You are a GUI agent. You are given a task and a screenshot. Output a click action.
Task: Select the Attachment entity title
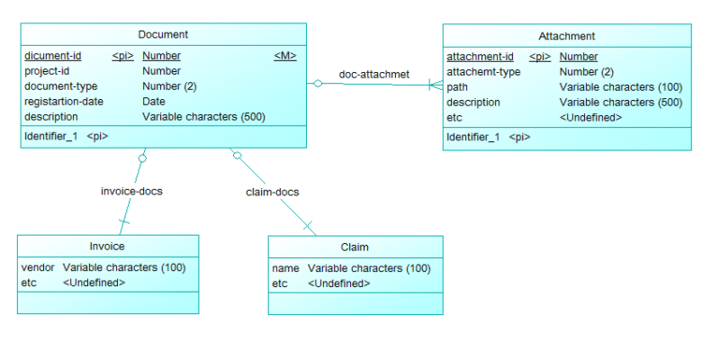[x=566, y=36]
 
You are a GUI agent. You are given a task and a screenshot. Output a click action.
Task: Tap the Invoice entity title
[x=107, y=247]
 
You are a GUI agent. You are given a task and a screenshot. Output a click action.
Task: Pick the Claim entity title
[x=355, y=247]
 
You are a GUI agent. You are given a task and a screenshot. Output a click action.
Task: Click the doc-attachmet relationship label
[x=374, y=74]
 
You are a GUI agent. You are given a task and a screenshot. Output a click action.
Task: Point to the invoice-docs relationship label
[x=131, y=191]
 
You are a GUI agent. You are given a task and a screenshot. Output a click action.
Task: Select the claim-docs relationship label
[x=272, y=192]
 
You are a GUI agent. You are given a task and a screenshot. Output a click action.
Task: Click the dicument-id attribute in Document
[x=52, y=56]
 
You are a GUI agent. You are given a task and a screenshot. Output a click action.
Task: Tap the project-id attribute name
[x=47, y=71]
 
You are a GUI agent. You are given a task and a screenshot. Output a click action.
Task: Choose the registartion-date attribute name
[x=64, y=102]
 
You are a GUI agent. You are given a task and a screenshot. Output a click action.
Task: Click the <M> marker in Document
[x=284, y=56]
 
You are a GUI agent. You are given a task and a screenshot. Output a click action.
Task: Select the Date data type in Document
[x=154, y=102]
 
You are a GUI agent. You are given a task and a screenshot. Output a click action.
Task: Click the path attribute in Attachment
[x=457, y=87]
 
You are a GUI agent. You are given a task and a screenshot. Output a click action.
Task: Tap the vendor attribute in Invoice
[x=38, y=267]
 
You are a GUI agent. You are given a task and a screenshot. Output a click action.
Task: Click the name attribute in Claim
[x=285, y=268]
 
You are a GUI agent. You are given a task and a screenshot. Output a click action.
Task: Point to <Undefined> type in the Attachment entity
[x=590, y=117]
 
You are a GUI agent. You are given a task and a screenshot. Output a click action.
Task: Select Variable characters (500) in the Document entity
[x=203, y=117]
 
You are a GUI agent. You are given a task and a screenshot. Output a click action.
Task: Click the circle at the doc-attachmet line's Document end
[x=317, y=84]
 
